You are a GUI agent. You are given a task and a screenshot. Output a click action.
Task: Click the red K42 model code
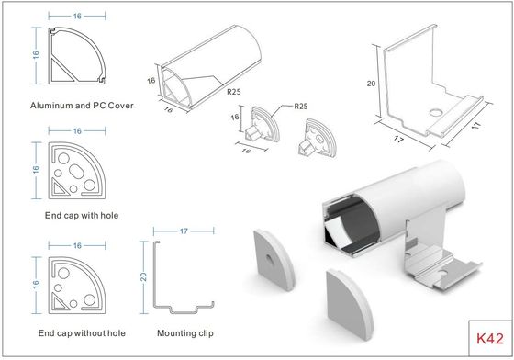(x=490, y=338)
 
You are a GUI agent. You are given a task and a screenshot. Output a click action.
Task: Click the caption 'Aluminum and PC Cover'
(x=82, y=106)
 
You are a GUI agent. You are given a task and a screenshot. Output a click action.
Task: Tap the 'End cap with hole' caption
(x=82, y=216)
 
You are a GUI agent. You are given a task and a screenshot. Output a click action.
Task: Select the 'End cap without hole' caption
(x=82, y=333)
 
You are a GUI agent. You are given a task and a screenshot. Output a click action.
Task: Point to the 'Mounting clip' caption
(x=185, y=333)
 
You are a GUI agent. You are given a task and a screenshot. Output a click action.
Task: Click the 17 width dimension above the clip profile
(x=184, y=231)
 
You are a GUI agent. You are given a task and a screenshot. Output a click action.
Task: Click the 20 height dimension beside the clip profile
(x=143, y=276)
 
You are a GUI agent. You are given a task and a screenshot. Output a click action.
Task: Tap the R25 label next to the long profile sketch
(x=234, y=92)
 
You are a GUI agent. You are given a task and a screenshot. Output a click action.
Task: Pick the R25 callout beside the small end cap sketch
(x=301, y=107)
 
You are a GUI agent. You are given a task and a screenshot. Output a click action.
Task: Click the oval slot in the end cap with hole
(x=76, y=172)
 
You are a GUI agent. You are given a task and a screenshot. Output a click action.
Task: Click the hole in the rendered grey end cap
(x=270, y=260)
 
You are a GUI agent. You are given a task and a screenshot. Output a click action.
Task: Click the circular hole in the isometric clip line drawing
(x=436, y=113)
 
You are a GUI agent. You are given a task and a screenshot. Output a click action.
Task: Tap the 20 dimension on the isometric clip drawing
(x=371, y=84)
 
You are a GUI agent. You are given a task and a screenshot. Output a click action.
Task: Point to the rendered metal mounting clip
(x=440, y=259)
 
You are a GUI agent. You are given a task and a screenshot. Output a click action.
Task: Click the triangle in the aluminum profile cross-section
(x=61, y=71)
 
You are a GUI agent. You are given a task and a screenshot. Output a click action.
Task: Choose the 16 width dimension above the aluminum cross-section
(x=77, y=16)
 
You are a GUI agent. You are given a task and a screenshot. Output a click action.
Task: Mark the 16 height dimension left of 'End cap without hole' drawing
(x=36, y=285)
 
